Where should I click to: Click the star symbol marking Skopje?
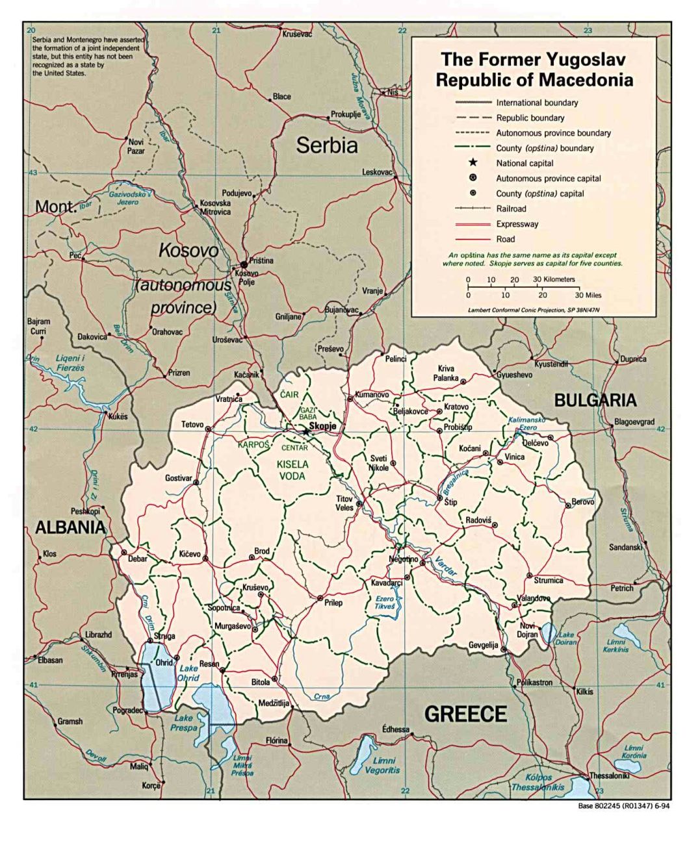(x=305, y=431)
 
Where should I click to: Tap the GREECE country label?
(x=465, y=714)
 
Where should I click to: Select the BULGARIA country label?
(x=595, y=401)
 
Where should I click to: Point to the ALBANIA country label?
(x=70, y=527)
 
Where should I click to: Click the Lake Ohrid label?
(x=188, y=673)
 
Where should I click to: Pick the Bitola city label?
(x=261, y=683)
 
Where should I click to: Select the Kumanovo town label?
(x=372, y=394)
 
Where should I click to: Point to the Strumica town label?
(x=548, y=580)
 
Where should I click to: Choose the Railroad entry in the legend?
(x=511, y=209)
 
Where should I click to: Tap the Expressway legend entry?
(x=517, y=224)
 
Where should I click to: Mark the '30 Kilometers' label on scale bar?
(x=554, y=279)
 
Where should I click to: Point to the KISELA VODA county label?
(x=292, y=470)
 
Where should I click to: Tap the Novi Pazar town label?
(x=136, y=146)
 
